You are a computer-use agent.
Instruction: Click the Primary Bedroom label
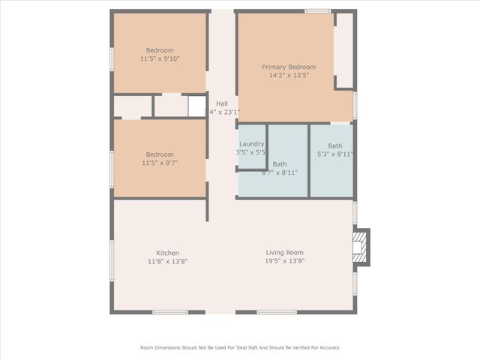click(x=289, y=67)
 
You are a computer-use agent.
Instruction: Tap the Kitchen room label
click(x=167, y=253)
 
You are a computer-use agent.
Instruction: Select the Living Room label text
click(x=284, y=253)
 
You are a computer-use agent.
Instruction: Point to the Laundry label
click(x=251, y=144)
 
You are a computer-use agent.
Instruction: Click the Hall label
click(x=222, y=103)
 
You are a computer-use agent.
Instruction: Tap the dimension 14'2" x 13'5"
click(x=289, y=75)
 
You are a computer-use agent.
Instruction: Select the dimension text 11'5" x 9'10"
click(x=159, y=58)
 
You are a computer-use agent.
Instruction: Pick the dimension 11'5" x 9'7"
click(x=159, y=163)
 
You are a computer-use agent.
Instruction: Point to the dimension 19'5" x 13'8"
click(x=284, y=261)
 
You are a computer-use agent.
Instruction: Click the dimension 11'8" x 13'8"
click(x=167, y=261)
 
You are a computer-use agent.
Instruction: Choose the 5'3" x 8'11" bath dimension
click(x=334, y=154)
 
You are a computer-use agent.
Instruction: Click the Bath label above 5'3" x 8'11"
click(x=334, y=145)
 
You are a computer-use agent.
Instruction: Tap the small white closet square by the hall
click(x=196, y=106)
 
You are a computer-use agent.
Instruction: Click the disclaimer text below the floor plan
click(x=240, y=347)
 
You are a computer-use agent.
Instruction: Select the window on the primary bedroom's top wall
click(x=317, y=10)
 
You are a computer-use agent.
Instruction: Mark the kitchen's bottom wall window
click(x=170, y=312)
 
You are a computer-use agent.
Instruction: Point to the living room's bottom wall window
click(x=277, y=312)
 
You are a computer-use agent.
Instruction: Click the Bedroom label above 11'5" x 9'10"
click(x=159, y=50)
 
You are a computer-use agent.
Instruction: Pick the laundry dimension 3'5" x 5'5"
click(x=251, y=152)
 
